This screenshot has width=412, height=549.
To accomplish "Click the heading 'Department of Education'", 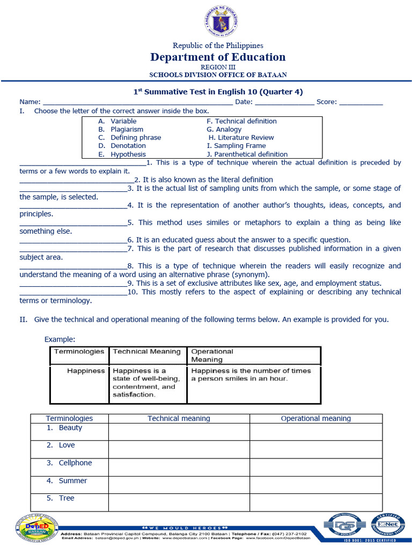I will [217, 57].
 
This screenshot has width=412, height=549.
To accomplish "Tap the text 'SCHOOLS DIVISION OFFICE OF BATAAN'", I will [217, 75].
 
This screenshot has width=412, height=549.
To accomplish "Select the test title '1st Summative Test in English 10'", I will [217, 92].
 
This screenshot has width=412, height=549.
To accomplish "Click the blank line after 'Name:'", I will [137, 102].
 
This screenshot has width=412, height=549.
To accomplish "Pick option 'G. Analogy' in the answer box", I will [224, 129].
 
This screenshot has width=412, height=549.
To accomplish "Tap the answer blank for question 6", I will [73, 241].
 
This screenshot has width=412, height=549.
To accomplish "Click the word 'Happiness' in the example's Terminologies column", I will [86, 371].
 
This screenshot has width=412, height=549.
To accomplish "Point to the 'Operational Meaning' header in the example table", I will [212, 355].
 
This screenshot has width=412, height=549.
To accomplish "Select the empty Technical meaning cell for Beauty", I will [179, 432].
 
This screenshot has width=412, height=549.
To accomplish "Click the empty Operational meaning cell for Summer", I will [315, 485].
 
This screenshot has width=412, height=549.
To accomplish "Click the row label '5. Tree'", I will [61, 499].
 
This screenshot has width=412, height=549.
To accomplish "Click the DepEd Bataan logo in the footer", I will [31, 528].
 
